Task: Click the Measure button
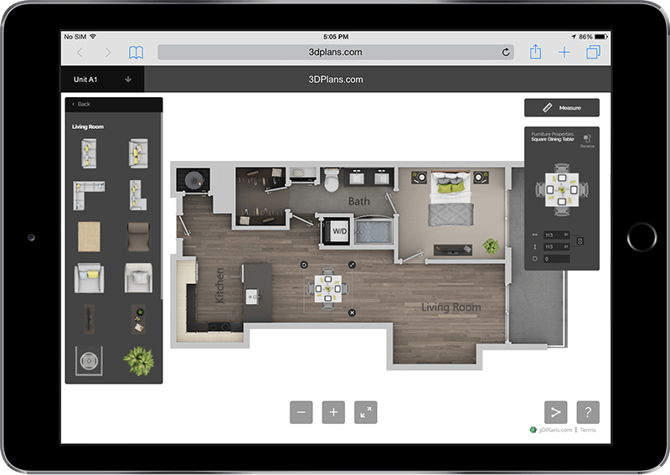click(x=562, y=107)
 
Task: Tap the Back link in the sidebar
click(x=82, y=104)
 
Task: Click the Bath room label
click(x=358, y=201)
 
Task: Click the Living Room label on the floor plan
click(x=451, y=307)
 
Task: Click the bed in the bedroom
click(x=451, y=199)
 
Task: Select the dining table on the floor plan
click(x=327, y=288)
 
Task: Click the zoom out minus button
click(x=301, y=411)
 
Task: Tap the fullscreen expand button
click(x=365, y=411)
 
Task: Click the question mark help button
click(x=588, y=411)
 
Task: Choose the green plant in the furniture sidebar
click(x=137, y=360)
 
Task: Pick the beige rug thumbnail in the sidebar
click(x=89, y=236)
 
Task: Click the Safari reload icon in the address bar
click(x=506, y=52)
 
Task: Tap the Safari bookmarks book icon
click(x=136, y=52)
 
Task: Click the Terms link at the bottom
click(x=588, y=430)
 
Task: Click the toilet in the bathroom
click(x=332, y=180)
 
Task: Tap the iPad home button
click(x=642, y=237)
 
